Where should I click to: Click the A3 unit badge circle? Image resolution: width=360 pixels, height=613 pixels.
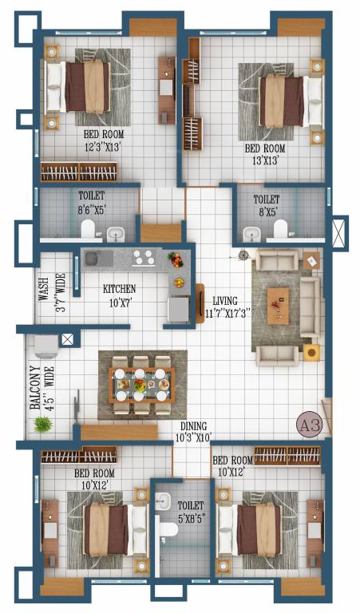pyautogui.click(x=310, y=424)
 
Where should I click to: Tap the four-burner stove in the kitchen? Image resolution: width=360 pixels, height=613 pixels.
pyautogui.click(x=143, y=258)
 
